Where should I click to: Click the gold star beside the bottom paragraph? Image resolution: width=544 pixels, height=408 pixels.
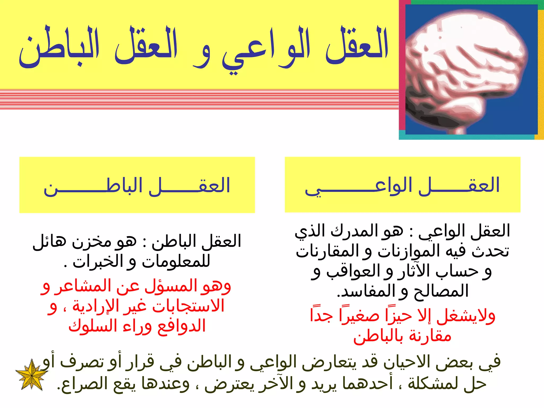32,375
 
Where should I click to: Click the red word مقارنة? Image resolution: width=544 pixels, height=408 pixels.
430,336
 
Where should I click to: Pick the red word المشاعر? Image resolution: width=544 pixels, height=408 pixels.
82,286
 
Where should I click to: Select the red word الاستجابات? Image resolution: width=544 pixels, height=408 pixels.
189,306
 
